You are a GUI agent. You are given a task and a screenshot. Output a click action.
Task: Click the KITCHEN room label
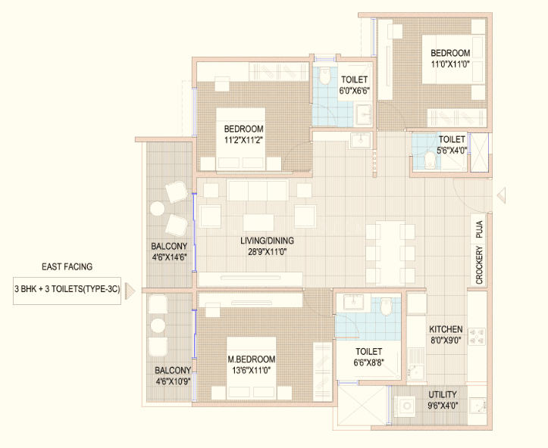(x=446, y=329)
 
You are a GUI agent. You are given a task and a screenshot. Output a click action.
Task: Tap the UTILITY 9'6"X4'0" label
(x=443, y=400)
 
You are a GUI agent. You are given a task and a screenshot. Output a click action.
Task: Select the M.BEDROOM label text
(x=252, y=359)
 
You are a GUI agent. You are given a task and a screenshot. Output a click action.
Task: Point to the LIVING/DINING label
(x=267, y=241)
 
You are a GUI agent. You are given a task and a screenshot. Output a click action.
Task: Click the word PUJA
(x=479, y=229)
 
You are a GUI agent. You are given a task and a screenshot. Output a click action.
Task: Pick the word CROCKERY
(x=479, y=265)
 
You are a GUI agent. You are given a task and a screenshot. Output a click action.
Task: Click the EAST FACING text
(x=67, y=267)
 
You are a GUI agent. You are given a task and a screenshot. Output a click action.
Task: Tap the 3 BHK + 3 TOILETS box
(x=67, y=291)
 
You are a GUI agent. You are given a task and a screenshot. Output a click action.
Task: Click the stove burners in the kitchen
(x=477, y=336)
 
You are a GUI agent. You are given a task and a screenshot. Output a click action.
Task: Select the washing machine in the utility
(x=406, y=406)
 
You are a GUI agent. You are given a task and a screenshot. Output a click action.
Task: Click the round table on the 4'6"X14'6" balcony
(x=157, y=209)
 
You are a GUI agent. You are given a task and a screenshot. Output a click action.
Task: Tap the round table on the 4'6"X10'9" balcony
(x=158, y=326)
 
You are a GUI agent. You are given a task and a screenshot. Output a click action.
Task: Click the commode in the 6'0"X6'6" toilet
(x=325, y=76)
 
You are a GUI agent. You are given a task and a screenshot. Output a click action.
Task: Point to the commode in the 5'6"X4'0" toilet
(x=430, y=160)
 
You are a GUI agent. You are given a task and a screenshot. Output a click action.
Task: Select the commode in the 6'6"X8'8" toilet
(x=387, y=307)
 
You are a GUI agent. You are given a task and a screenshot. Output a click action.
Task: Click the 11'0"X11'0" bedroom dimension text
(x=450, y=64)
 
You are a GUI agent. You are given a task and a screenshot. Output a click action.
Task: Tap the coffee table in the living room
(x=258, y=222)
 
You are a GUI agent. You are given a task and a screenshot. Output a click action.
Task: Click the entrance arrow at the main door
(x=502, y=194)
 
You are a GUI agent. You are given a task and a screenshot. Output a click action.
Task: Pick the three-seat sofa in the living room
(x=258, y=190)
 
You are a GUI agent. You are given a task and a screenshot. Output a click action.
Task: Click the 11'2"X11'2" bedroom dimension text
(x=243, y=140)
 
